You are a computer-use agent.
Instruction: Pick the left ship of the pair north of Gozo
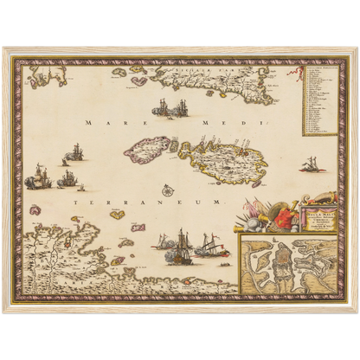(159, 109)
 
